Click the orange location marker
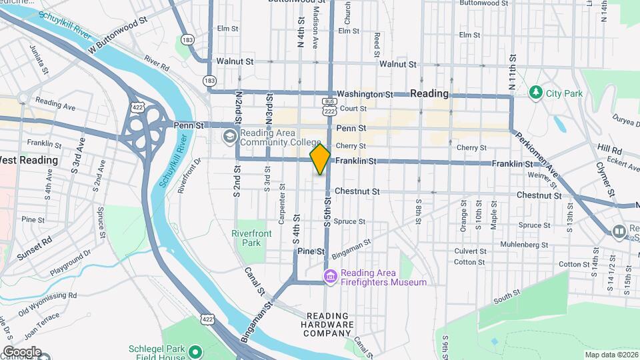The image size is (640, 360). (321, 159)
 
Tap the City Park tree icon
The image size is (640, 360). (535, 92)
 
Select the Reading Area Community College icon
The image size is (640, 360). (229, 137)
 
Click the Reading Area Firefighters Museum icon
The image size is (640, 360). (329, 276)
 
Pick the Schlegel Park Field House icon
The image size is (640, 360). (195, 351)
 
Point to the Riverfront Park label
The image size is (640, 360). (247, 238)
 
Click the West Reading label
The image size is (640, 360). (29, 160)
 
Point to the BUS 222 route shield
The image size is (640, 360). (329, 107)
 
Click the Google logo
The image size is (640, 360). (22, 352)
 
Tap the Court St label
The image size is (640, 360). (353, 108)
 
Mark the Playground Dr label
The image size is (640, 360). (69, 264)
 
